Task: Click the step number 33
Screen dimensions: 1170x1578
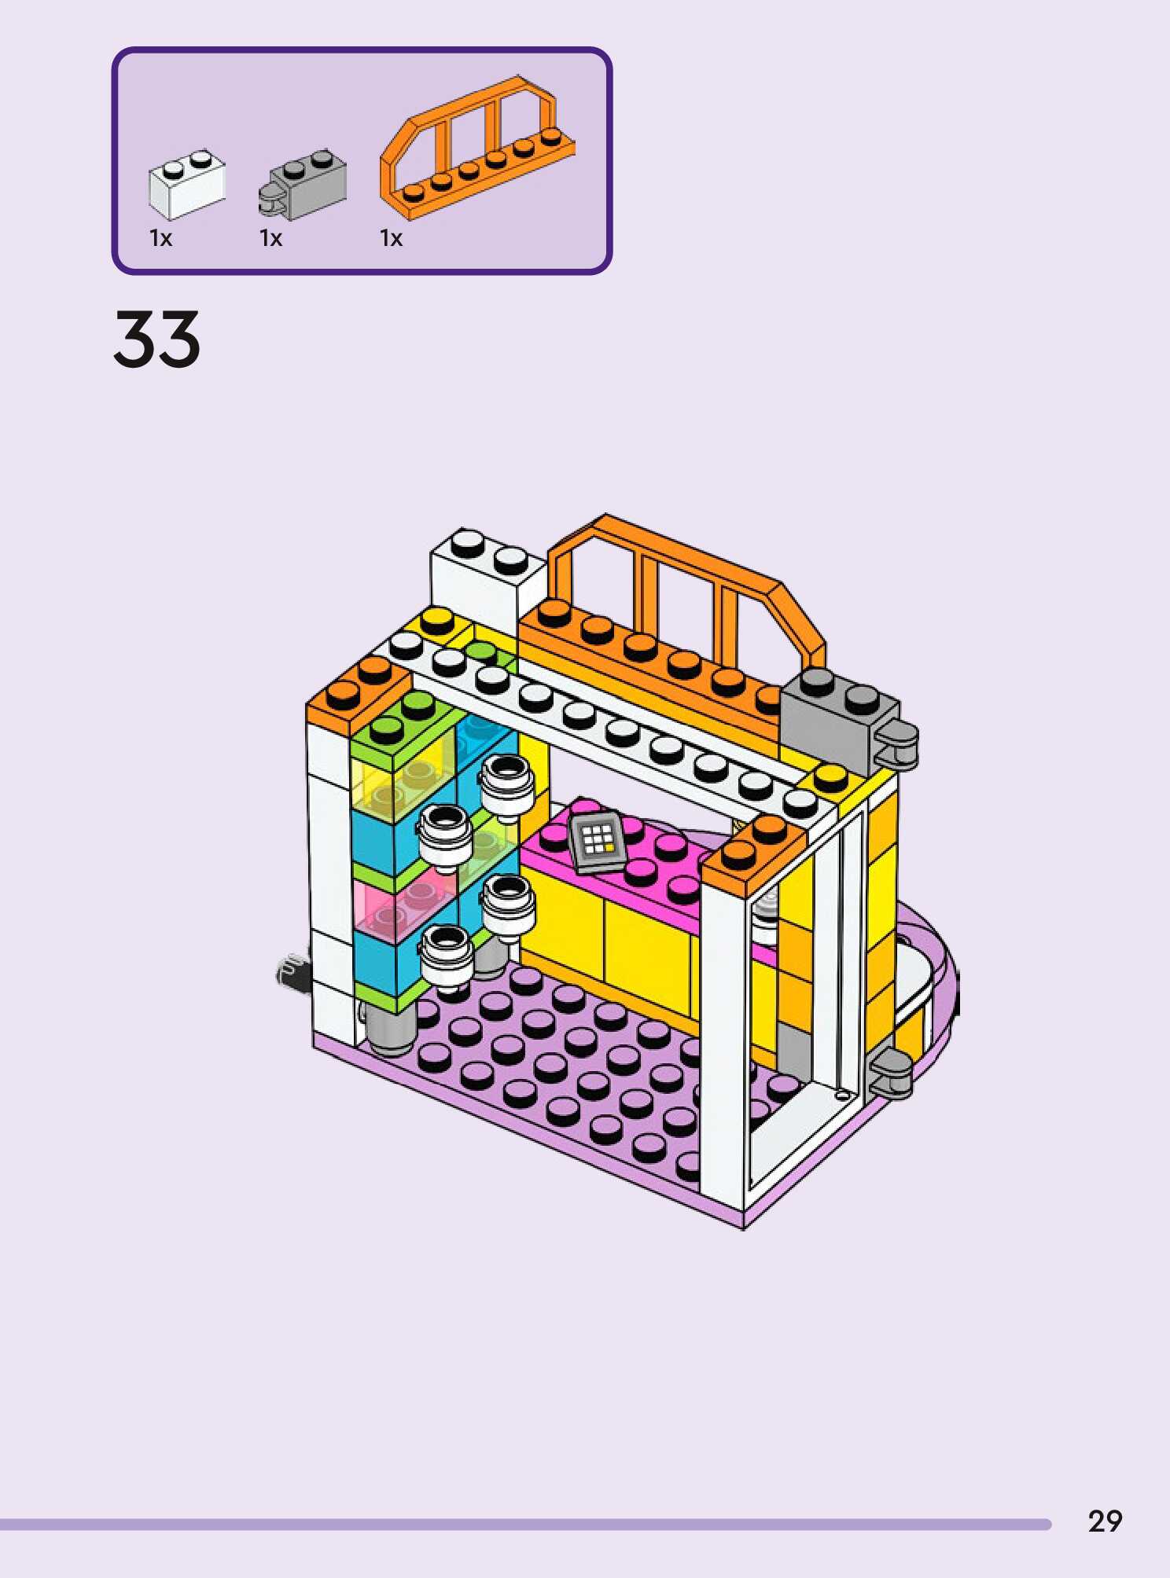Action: point(157,339)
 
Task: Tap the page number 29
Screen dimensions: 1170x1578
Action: point(1105,1522)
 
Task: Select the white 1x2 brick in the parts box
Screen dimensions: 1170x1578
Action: point(186,184)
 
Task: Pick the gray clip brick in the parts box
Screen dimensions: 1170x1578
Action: point(303,185)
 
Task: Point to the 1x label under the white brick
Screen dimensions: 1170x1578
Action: point(160,238)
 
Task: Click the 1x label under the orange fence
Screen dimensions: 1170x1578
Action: point(391,238)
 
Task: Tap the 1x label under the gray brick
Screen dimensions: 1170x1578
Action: point(270,238)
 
